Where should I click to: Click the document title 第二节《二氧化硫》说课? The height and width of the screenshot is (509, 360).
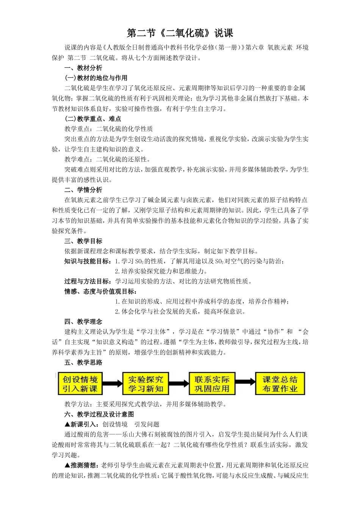coord(180,33)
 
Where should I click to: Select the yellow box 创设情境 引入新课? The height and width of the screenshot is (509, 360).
coord(80,384)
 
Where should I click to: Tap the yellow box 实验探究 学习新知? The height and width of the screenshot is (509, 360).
coord(146,384)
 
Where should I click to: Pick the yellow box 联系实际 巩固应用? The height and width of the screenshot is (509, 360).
coord(212,384)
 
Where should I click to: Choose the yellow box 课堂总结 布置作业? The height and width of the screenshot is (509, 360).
coord(280,384)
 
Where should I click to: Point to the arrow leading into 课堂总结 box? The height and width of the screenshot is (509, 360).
coord(246,383)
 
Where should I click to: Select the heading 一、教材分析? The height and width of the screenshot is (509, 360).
coord(83,68)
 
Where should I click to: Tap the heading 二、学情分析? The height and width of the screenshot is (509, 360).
coord(83,190)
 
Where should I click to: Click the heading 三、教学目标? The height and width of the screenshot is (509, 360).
coord(83,241)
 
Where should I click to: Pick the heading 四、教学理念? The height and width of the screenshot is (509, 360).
coord(83,322)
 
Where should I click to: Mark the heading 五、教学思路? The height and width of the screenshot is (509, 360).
coord(83,362)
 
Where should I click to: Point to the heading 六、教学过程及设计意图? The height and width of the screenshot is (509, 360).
coord(99,414)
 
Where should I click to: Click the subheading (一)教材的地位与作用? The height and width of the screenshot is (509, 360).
coord(96,78)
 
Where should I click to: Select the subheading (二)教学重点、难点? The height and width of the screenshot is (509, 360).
coord(93,119)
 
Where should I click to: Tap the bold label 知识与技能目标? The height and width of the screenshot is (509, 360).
coord(88,261)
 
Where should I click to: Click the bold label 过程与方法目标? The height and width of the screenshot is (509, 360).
coord(88,281)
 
